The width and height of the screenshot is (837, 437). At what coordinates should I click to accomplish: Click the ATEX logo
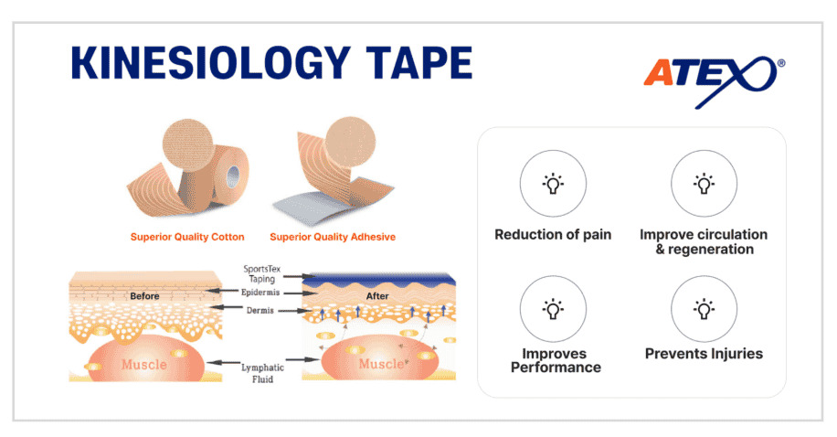pyautogui.click(x=714, y=80)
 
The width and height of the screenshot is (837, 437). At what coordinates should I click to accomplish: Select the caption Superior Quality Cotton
pyautogui.click(x=187, y=237)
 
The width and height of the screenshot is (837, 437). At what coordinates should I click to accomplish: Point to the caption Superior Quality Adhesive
pyautogui.click(x=333, y=237)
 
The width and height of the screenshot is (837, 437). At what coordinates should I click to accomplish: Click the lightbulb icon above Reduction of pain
pyautogui.click(x=553, y=183)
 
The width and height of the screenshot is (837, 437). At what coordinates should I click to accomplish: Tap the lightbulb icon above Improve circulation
pyautogui.click(x=705, y=183)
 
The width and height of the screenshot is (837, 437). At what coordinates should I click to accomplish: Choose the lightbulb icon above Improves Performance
pyautogui.click(x=553, y=309)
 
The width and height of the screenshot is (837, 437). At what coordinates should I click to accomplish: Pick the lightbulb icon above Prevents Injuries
pyautogui.click(x=705, y=309)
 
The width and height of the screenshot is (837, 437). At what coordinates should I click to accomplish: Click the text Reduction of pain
pyautogui.click(x=553, y=235)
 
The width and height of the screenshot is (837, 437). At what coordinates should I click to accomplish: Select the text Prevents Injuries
pyautogui.click(x=705, y=354)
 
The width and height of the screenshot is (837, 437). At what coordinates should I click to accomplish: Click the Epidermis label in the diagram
pyautogui.click(x=260, y=293)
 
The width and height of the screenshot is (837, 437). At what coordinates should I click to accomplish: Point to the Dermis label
pyautogui.click(x=260, y=310)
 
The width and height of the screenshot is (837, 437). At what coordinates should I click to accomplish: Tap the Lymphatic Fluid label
pyautogui.click(x=262, y=373)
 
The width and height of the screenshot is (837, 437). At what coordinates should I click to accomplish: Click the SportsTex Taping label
pyautogui.click(x=261, y=274)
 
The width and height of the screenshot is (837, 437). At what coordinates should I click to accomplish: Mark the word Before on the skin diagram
pyautogui.click(x=144, y=296)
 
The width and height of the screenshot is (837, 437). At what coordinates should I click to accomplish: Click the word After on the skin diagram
pyautogui.click(x=377, y=296)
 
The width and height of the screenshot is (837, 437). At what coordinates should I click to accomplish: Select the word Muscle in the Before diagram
pyautogui.click(x=144, y=365)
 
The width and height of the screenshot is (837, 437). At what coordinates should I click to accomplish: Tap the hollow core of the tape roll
pyautogui.click(x=233, y=177)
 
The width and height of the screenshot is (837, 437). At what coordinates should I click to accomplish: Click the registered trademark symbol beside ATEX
pyautogui.click(x=781, y=63)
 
